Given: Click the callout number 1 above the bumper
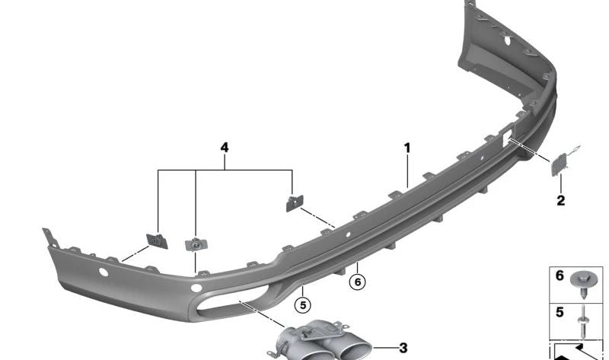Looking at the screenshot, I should [407, 148].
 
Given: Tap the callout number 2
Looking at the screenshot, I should [560, 201].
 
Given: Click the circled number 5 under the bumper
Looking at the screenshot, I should [303, 305].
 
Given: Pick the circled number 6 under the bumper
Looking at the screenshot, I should [357, 282].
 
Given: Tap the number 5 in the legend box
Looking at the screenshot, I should [560, 313].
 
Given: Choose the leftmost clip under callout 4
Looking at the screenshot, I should [158, 240].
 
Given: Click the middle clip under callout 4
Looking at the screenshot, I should [196, 244].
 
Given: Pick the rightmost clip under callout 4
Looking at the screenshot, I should [293, 202].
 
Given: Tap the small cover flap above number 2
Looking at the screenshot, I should [559, 166].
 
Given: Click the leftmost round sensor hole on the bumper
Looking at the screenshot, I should [104, 271].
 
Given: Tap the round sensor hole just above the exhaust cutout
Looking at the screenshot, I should [196, 288].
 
